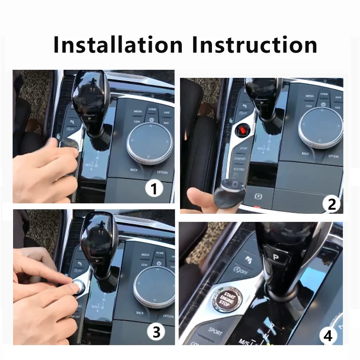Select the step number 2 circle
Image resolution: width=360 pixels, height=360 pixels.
[332, 204]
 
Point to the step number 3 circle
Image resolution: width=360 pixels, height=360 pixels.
[155, 333]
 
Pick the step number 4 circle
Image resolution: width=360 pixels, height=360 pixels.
[328, 336]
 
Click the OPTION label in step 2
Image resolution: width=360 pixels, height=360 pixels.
[333, 157]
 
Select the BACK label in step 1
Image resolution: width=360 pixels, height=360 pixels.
[134, 170]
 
